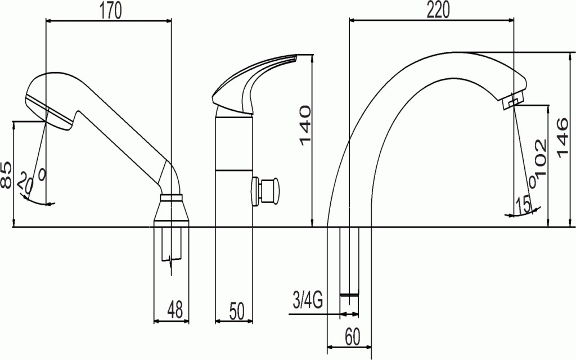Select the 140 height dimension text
pos(305,125)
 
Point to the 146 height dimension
pos(562,138)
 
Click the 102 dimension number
pos(540,158)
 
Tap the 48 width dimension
pos(175,310)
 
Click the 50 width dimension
pos(236,310)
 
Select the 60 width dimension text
pos(352,336)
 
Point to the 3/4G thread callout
pos(308,300)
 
